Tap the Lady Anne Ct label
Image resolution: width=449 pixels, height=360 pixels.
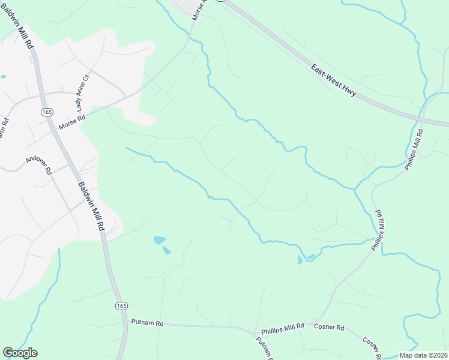click(82, 91)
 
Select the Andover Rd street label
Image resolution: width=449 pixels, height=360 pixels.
click(40, 166)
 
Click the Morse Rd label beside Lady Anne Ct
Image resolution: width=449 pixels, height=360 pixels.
click(72, 122)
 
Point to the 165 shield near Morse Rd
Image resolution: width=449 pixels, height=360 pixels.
click(47, 112)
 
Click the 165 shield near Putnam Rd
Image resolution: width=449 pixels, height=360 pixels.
click(121, 306)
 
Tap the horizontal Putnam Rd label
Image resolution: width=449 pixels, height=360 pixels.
click(147, 323)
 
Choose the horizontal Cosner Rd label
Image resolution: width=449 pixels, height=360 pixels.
click(330, 328)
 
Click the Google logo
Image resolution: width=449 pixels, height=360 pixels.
click(20, 353)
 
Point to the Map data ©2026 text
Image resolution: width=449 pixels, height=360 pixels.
click(423, 355)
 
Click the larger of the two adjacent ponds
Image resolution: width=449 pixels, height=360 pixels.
click(160, 240)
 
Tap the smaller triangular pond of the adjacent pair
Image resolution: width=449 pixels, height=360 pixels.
click(167, 250)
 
